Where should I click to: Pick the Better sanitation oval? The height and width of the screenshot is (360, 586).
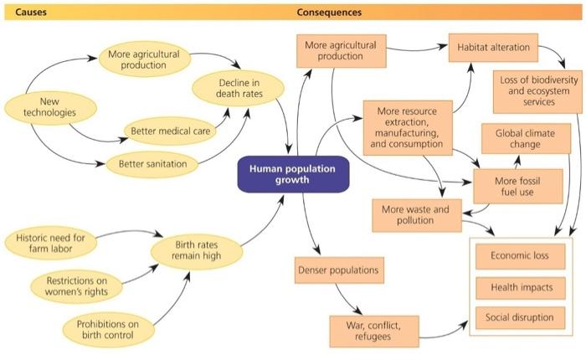(146, 163)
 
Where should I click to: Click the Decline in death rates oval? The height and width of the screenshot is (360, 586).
(239, 89)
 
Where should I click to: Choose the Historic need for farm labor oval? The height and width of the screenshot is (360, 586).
(49, 242)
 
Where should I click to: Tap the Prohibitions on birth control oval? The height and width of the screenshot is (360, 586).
(107, 329)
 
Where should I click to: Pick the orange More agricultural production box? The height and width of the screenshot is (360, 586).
(340, 51)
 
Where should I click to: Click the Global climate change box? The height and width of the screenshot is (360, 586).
(526, 138)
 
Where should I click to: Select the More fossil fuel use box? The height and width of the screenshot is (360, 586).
(517, 186)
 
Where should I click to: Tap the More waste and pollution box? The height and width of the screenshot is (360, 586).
(416, 214)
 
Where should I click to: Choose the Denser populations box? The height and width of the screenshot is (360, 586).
(337, 270)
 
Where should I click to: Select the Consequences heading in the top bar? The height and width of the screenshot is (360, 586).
(329, 13)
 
